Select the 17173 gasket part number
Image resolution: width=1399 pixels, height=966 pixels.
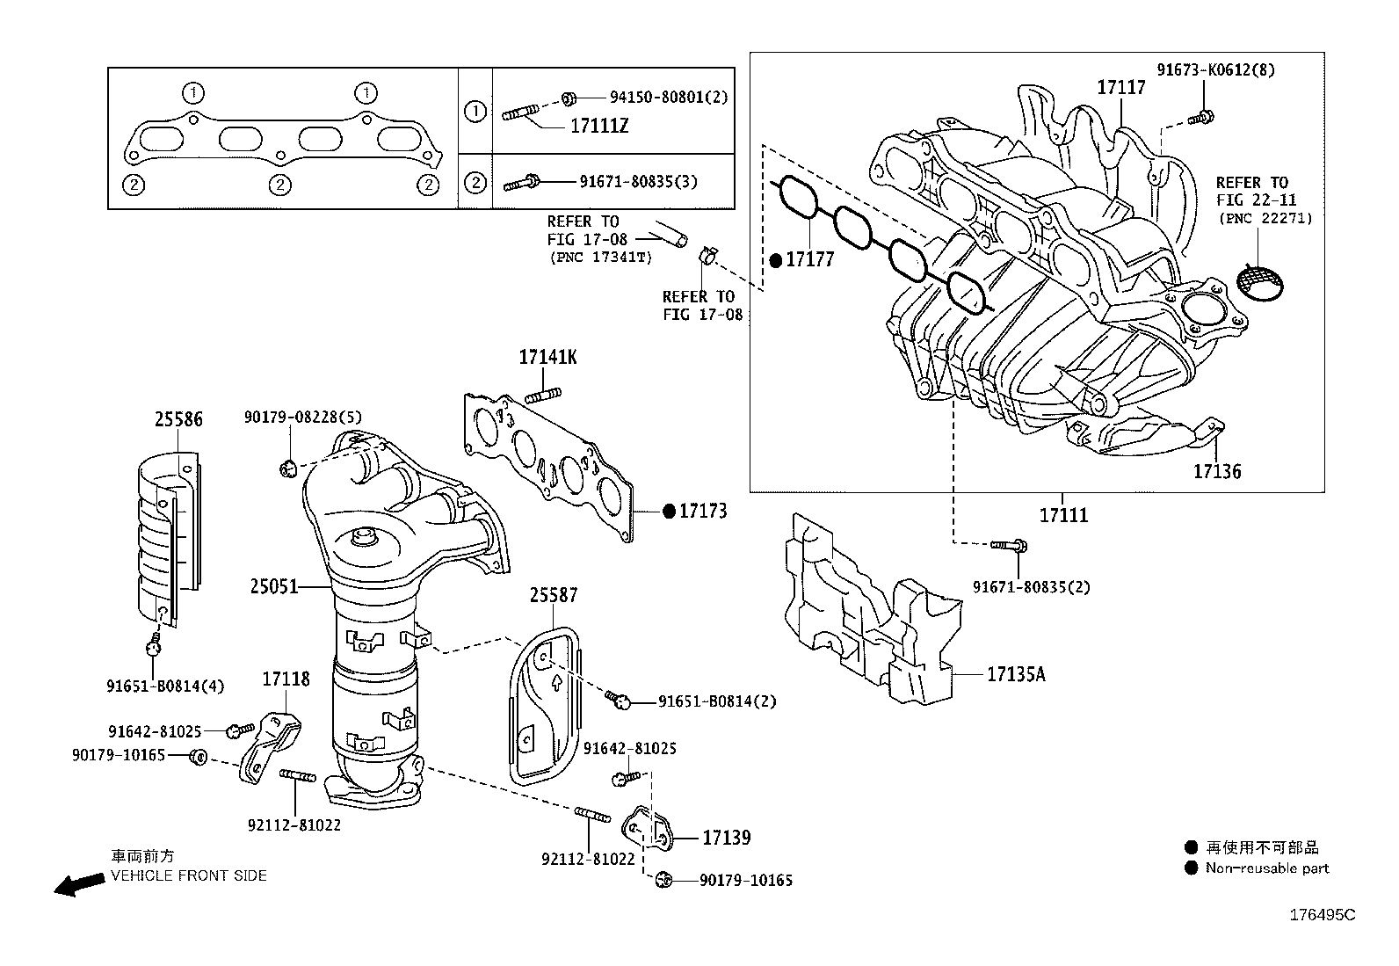(x=702, y=511)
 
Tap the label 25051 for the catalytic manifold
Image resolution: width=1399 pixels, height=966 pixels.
(x=274, y=585)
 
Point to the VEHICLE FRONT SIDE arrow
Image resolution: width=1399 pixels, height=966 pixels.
(x=77, y=884)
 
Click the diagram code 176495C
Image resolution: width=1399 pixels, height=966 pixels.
(x=1322, y=915)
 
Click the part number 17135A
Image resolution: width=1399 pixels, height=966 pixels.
(x=1016, y=674)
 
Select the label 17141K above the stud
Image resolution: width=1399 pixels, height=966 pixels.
(x=547, y=358)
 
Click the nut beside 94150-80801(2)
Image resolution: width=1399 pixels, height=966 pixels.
(x=568, y=98)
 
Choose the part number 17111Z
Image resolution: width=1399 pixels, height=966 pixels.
(x=599, y=127)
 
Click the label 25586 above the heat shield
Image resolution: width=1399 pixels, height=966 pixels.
(x=178, y=420)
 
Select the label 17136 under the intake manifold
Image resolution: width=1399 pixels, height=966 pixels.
(x=1216, y=472)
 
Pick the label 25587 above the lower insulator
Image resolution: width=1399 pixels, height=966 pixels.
(x=554, y=595)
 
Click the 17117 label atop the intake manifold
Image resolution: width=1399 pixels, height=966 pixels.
(x=1120, y=87)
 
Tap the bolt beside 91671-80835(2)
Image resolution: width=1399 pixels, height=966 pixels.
(x=1009, y=546)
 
